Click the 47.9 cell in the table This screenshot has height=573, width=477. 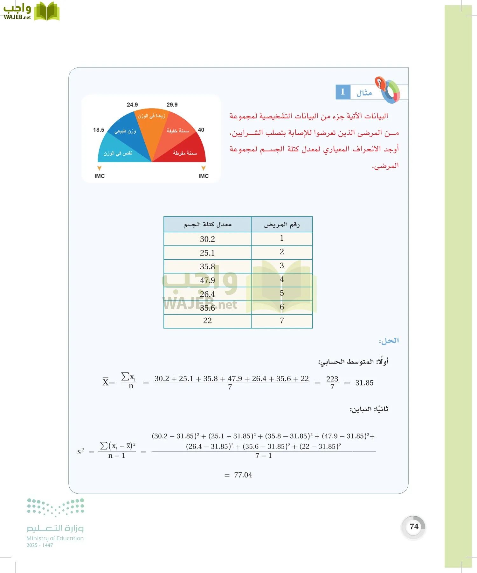(x=207, y=280)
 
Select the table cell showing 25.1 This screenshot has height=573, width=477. (x=207, y=253)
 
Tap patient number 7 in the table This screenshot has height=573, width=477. (x=282, y=321)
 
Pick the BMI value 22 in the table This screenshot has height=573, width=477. (x=207, y=321)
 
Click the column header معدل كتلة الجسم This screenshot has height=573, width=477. (x=207, y=224)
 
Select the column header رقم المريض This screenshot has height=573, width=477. (x=282, y=224)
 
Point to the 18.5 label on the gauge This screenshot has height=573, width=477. (x=99, y=130)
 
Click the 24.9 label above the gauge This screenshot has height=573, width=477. (x=132, y=105)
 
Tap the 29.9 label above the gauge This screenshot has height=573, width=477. (x=172, y=105)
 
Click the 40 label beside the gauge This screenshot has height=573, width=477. (x=201, y=130)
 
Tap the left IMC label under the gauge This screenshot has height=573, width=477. (x=100, y=176)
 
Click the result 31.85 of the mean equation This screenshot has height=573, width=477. (x=364, y=383)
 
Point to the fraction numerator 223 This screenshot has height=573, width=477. (x=332, y=379)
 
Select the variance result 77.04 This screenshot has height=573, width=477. (x=243, y=475)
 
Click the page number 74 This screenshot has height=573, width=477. (x=414, y=527)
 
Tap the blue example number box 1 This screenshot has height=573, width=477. (x=343, y=92)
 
